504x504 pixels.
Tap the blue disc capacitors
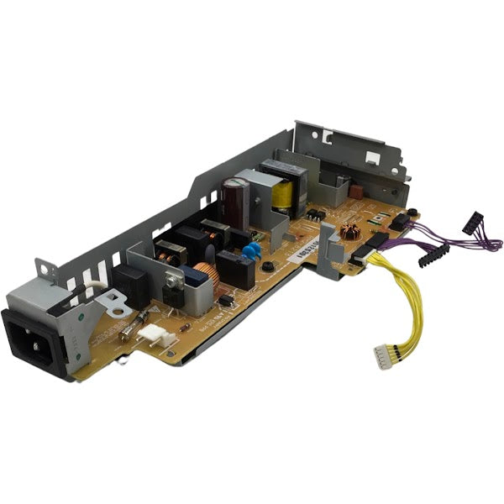click(x=248, y=251)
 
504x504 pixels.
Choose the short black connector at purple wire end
click(x=472, y=223)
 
